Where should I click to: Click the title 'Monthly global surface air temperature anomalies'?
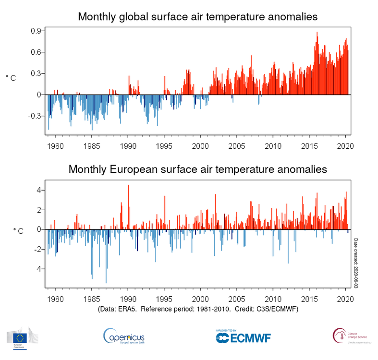pyautogui.click(x=197, y=17)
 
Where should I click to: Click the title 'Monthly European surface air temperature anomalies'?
pyautogui.click(x=197, y=169)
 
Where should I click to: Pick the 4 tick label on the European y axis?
pyautogui.click(x=40, y=190)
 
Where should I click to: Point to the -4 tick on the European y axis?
pyautogui.click(x=38, y=269)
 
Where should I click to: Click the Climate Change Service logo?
pyautogui.click(x=351, y=336)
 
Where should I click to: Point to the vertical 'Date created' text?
pyautogui.click(x=356, y=263)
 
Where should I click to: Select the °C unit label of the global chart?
pyautogui.click(x=11, y=78)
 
